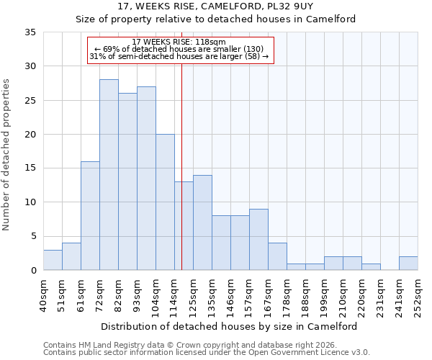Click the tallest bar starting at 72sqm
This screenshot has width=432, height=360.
pyautogui.click(x=109, y=175)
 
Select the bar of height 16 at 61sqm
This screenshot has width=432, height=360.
pyautogui.click(x=90, y=216)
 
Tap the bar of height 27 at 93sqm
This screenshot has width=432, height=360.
pyautogui.click(x=146, y=179)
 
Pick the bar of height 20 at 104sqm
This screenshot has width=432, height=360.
pyautogui.click(x=165, y=202)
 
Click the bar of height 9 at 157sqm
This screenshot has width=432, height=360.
pyautogui.click(x=258, y=240)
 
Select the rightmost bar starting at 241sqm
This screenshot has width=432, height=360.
pyautogui.click(x=408, y=264)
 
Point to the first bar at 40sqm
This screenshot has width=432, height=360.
pyautogui.click(x=53, y=260)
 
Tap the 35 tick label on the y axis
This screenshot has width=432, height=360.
pyautogui.click(x=30, y=32)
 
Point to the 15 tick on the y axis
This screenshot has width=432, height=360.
pyautogui.click(x=30, y=168)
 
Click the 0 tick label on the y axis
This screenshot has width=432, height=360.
pyautogui.click(x=32, y=271)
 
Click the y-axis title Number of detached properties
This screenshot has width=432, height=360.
pyautogui.click(x=6, y=155)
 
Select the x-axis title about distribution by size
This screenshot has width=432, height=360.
pyautogui.click(x=229, y=326)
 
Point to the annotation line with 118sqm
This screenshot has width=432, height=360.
pyautogui.click(x=179, y=42)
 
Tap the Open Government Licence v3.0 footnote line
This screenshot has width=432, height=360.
pyautogui.click(x=207, y=353)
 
